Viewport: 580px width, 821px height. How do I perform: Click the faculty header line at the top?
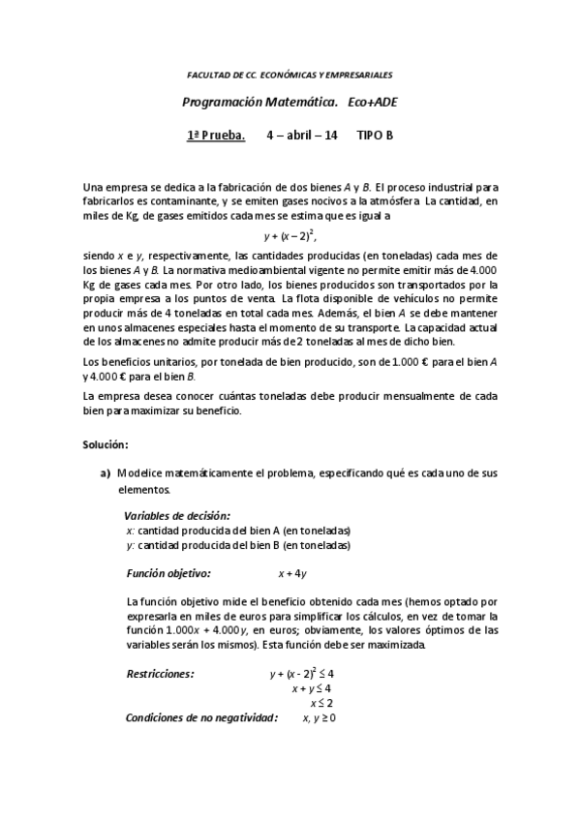tap(290, 75)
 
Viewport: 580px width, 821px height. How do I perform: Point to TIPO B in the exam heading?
tap(375, 136)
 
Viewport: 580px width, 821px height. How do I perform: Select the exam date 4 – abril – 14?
tap(301, 136)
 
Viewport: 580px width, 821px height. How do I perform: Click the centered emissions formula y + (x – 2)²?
tap(290, 234)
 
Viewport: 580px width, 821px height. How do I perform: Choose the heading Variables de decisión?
tap(177, 516)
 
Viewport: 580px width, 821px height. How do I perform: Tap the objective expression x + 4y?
tap(292, 573)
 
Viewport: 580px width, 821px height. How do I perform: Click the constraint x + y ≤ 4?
tap(312, 688)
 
